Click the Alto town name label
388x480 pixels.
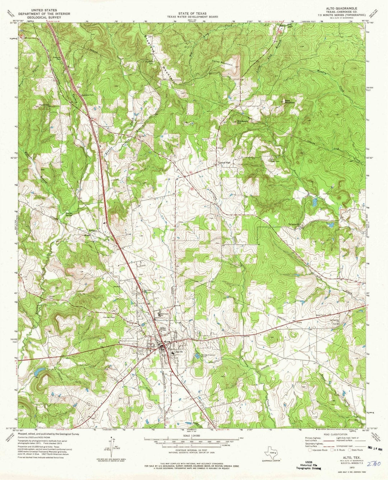pyautogui.click(x=163, y=327)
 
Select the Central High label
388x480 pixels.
pyautogui.click(x=225, y=162)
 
